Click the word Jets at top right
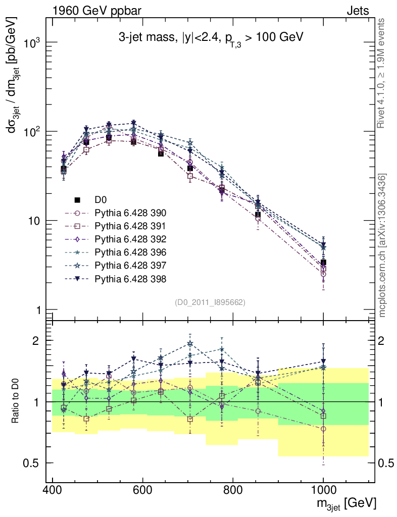click(358, 10)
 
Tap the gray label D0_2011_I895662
click(210, 302)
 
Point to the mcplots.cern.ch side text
click(382, 245)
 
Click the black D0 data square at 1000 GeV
click(323, 263)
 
